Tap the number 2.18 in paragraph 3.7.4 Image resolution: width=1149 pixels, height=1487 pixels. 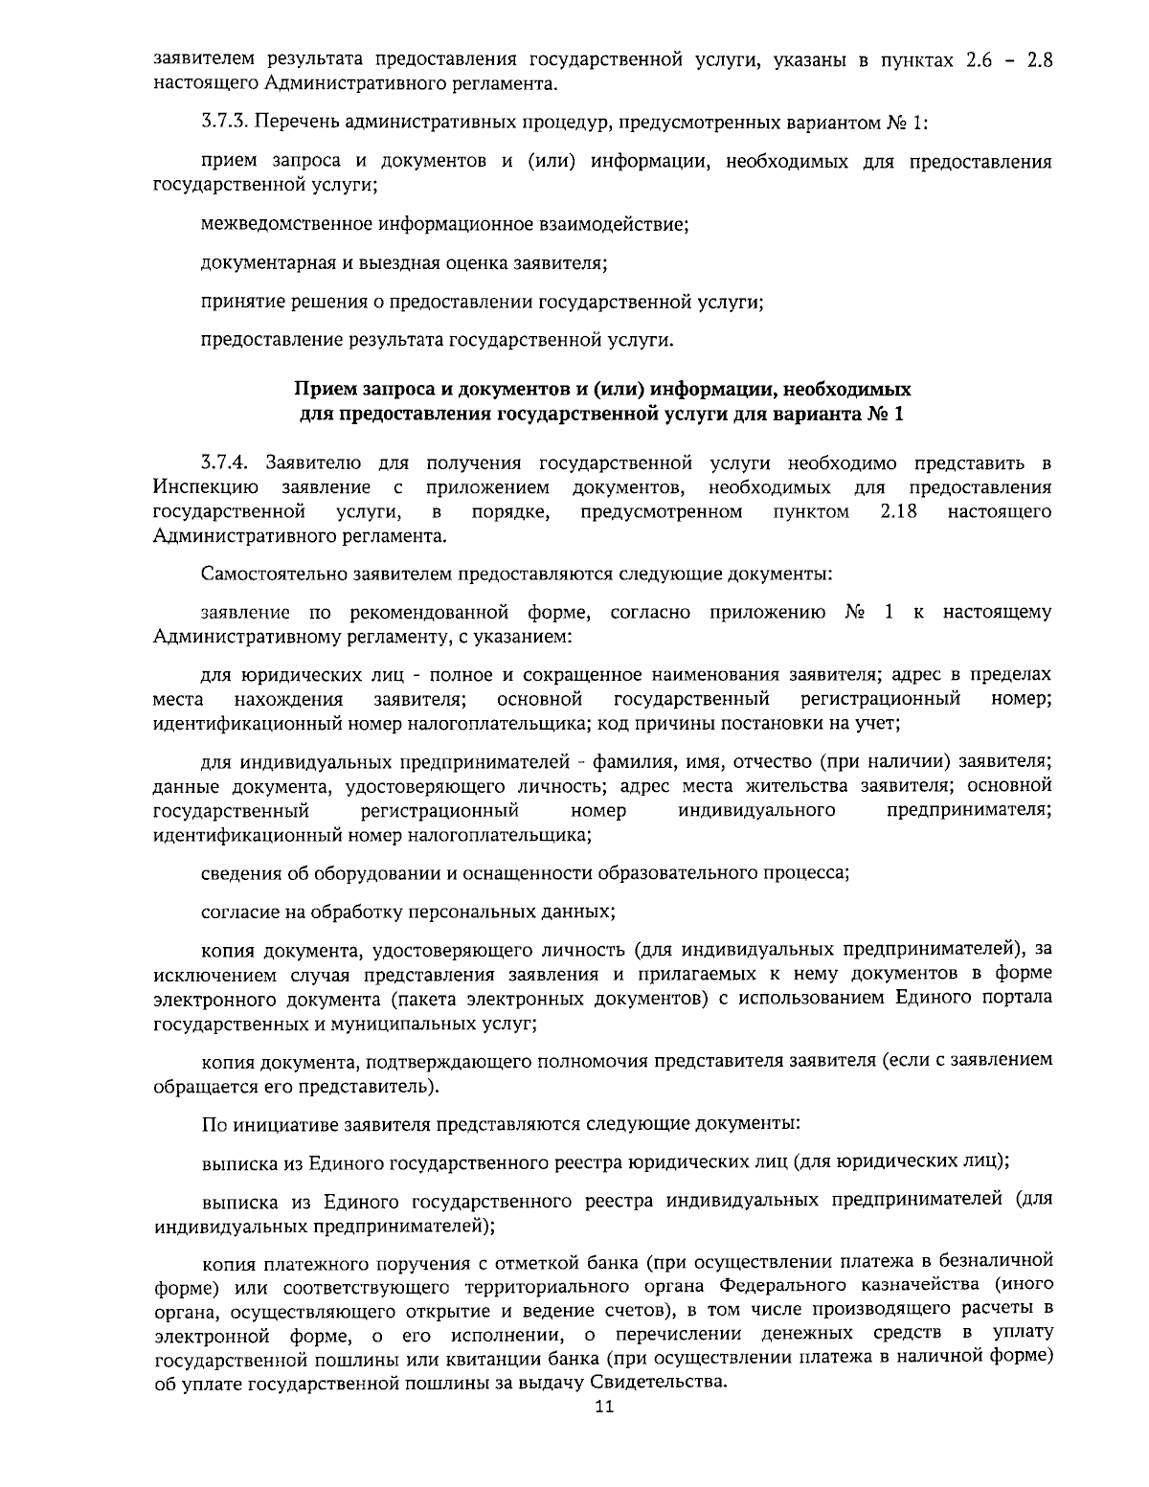tap(897, 512)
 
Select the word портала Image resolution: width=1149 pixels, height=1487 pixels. tap(1021, 998)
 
